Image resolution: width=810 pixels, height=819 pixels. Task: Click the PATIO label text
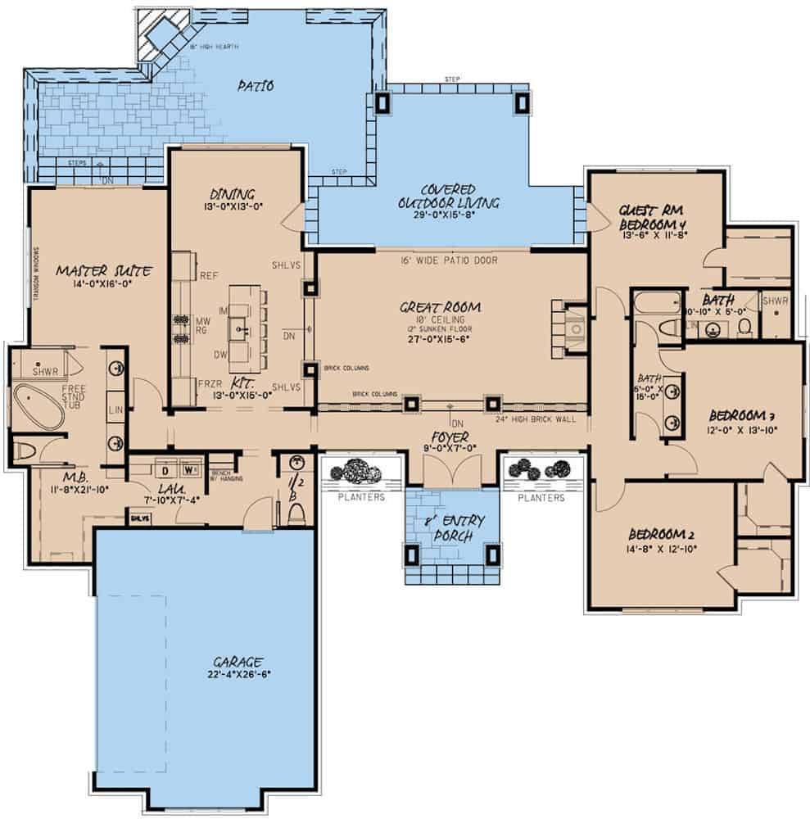click(256, 84)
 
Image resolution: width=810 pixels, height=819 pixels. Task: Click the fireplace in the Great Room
click(575, 328)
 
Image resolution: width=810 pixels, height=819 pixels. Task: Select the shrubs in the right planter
click(541, 469)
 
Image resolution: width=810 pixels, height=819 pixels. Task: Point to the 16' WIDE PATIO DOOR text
click(449, 260)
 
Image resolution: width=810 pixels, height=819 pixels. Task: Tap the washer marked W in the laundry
click(190, 471)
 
